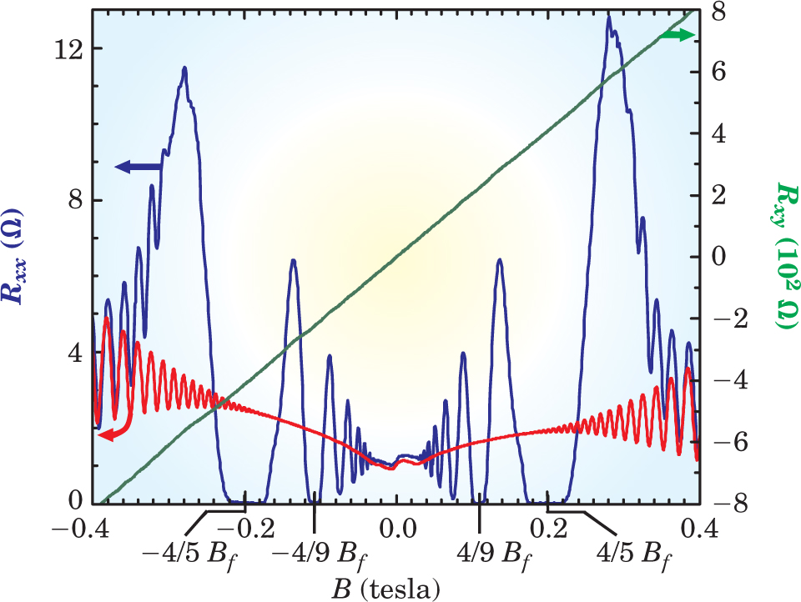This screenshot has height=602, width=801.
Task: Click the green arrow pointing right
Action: coord(677,34)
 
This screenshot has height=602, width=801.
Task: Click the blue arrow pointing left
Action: coord(138,167)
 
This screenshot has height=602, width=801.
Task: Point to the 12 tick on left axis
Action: coord(68,48)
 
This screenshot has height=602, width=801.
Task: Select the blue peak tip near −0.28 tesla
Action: coord(184,69)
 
